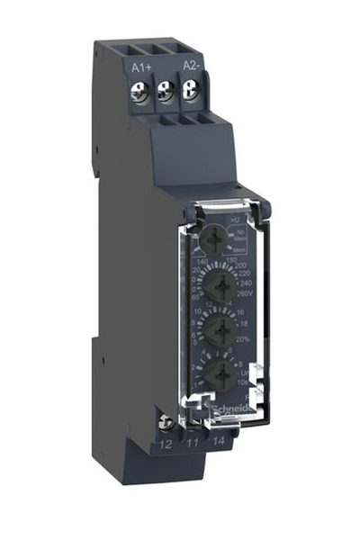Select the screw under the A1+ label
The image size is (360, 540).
pyautogui.click(x=142, y=90)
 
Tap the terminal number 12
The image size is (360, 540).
pyautogui.click(x=166, y=443)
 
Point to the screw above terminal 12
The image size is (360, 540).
pyautogui.click(x=165, y=419)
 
